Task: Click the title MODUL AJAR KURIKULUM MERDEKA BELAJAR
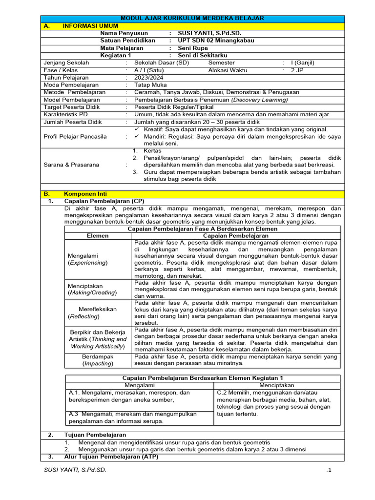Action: pyautogui.click(x=192, y=18)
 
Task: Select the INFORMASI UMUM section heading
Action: pyautogui.click(x=86, y=26)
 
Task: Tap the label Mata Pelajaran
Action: pyautogui.click(x=122, y=48)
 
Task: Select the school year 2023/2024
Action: pyautogui.click(x=149, y=78)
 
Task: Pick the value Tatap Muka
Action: pyautogui.click(x=151, y=85)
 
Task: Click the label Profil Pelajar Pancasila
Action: pyautogui.click(x=75, y=137)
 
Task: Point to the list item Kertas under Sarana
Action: pyautogui.click(x=152, y=151)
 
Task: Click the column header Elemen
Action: pyautogui.click(x=98, y=236)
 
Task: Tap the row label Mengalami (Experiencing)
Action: pyautogui.click(x=88, y=259)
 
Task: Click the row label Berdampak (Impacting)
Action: pyautogui.click(x=98, y=360)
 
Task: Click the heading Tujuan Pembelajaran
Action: pyautogui.click(x=95, y=435)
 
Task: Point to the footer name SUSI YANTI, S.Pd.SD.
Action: pyautogui.click(x=75, y=470)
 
